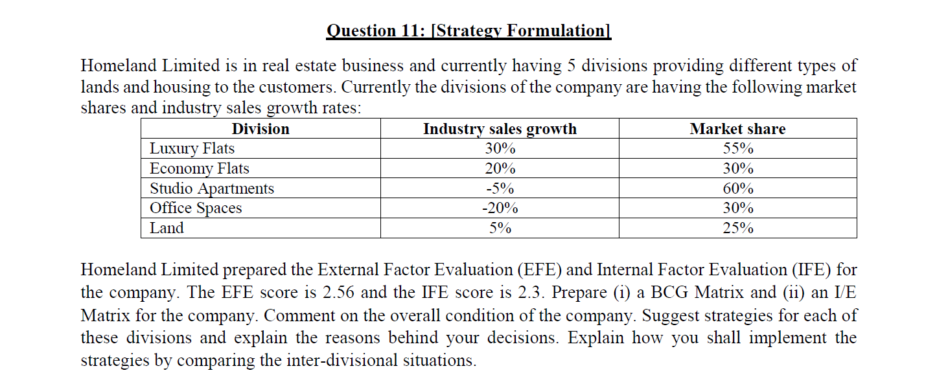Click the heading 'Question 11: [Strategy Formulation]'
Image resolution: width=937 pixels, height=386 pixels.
(468, 30)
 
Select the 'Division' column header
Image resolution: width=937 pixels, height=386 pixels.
(260, 129)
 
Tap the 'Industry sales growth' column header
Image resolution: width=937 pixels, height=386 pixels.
(500, 129)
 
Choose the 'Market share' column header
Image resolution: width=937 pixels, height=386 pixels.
(737, 129)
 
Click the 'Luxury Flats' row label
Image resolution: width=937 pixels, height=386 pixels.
(192, 148)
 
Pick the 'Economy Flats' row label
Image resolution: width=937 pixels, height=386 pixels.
(199, 168)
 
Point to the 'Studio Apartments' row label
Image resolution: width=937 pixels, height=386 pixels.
(212, 188)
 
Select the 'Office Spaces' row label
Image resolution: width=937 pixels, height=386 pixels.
(196, 208)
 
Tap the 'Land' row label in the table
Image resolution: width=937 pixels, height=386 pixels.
(167, 228)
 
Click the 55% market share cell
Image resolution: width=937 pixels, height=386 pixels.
(738, 148)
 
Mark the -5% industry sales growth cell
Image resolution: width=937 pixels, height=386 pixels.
(500, 188)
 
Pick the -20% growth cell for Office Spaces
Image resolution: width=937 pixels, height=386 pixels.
(500, 208)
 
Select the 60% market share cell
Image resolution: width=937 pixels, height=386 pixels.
(738, 188)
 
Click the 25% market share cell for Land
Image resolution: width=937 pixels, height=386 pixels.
(738, 228)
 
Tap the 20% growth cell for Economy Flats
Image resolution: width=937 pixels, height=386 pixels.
(500, 168)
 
